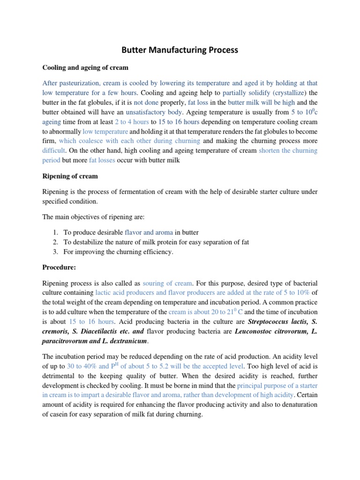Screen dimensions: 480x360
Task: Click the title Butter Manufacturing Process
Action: point(180,49)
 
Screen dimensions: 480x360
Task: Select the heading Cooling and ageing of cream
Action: point(85,67)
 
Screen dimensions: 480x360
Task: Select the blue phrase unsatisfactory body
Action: point(151,112)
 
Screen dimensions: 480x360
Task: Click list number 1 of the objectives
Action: point(55,232)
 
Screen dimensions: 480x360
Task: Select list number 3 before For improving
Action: point(55,252)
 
